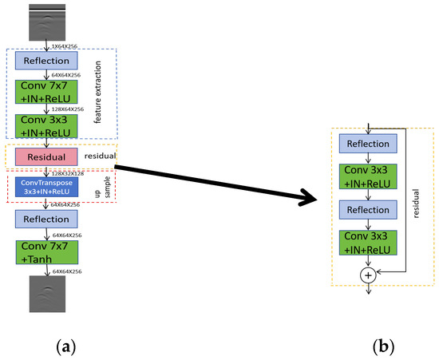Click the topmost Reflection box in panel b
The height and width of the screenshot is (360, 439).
coord(367,144)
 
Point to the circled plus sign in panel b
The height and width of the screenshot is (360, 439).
coord(368,275)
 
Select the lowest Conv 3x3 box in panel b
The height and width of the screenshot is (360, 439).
coord(367,243)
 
